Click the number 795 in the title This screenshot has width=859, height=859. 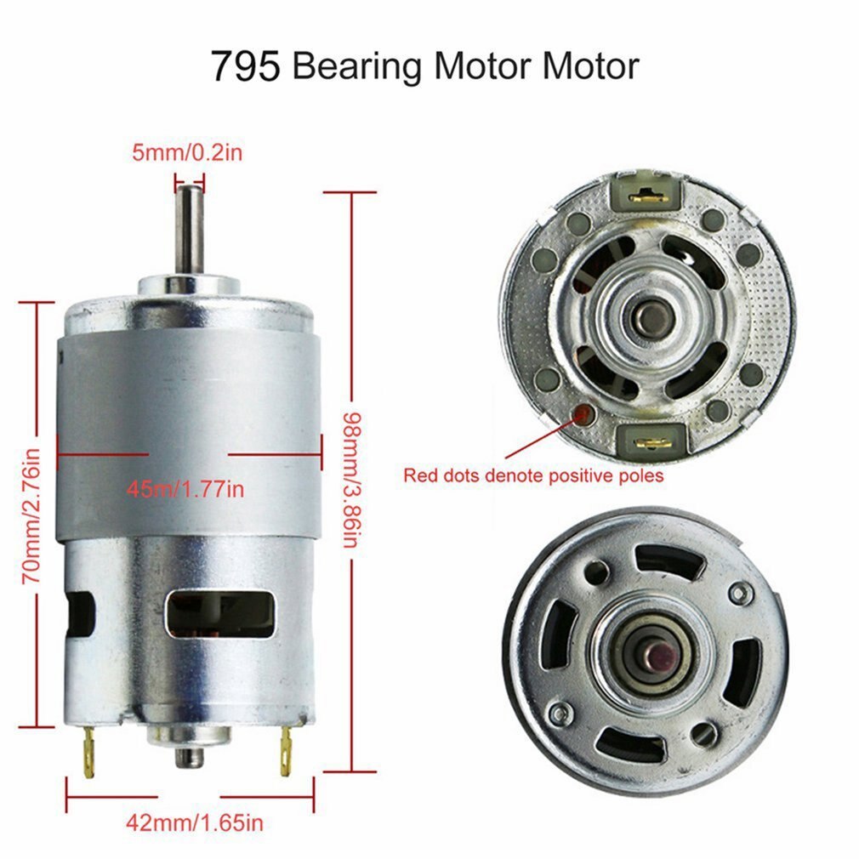245,66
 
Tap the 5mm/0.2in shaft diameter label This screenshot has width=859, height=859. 189,154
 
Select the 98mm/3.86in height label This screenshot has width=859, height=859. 350,481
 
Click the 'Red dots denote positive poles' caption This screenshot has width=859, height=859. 533,475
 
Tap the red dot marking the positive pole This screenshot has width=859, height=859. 584,414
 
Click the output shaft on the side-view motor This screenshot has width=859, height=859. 189,230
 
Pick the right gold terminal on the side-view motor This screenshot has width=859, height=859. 287,753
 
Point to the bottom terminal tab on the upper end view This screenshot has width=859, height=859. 651,441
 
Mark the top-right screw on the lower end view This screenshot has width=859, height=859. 742,592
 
